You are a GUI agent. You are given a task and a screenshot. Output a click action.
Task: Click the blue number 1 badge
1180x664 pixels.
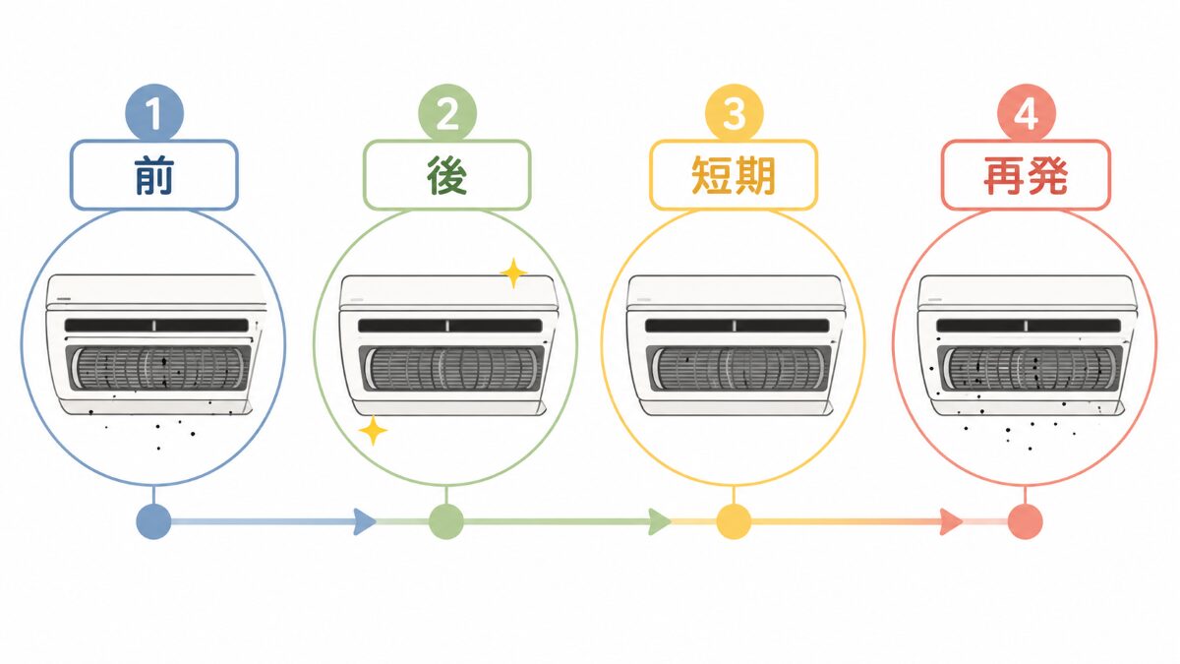[153, 113]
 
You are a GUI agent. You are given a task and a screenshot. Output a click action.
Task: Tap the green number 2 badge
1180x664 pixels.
[447, 113]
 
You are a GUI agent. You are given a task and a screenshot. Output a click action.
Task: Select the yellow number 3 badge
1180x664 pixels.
[734, 113]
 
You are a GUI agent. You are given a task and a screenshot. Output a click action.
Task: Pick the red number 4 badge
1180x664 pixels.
[1027, 113]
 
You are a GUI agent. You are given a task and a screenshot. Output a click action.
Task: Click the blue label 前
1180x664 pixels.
[153, 175]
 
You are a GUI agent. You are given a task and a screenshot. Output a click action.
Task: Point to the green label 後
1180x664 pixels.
[446, 175]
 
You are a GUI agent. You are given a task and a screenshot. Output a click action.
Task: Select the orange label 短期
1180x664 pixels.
[734, 175]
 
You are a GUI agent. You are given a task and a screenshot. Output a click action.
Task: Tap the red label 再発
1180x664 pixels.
[1026, 175]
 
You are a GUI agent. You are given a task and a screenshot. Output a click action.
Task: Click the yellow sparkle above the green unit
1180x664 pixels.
[513, 273]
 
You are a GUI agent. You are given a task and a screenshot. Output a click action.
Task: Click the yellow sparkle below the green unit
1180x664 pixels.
[373, 431]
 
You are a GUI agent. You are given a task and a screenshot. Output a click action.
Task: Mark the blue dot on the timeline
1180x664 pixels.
[153, 521]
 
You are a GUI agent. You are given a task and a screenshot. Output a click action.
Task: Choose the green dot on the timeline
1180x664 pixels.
[446, 521]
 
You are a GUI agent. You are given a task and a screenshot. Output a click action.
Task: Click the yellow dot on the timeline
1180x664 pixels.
[734, 521]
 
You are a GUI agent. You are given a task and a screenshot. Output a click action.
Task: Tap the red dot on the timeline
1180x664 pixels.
[1025, 521]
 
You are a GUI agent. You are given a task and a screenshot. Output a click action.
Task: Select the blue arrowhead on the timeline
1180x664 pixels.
[365, 521]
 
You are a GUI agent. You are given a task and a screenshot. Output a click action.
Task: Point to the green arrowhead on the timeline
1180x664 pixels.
[660, 521]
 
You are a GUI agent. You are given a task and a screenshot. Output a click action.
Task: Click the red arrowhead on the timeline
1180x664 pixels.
[952, 521]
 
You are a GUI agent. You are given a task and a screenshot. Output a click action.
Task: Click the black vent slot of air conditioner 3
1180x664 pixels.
[737, 326]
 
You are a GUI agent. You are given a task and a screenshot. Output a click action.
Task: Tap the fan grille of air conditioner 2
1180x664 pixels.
[451, 368]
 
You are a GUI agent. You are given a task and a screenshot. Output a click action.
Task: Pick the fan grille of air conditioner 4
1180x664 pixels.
[1030, 368]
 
